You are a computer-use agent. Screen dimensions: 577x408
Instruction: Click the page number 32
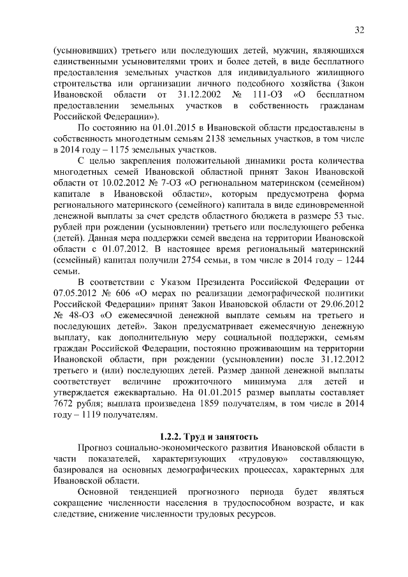[359, 29]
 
